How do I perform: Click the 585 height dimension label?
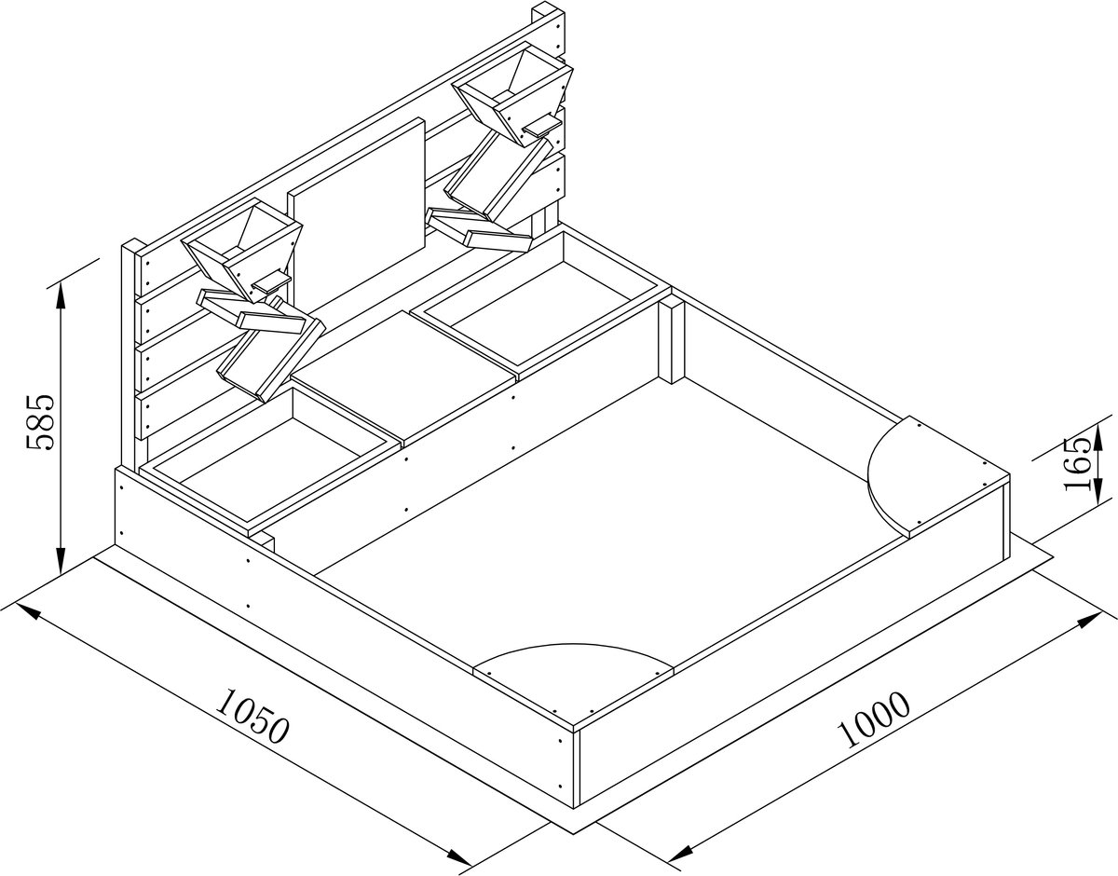(41, 422)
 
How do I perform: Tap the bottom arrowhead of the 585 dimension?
(61, 559)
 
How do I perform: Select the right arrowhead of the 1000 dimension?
(1089, 621)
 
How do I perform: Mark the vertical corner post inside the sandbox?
(672, 342)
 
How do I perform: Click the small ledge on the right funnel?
(542, 125)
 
